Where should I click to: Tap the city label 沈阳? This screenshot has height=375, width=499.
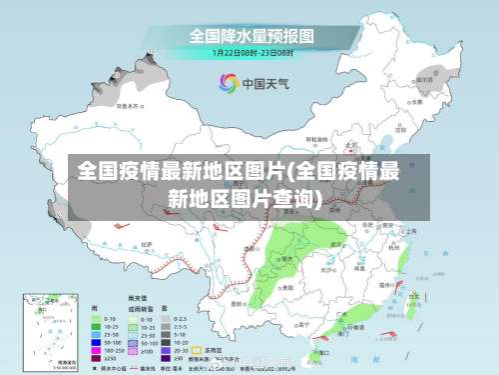pyautogui.click(x=400, y=129)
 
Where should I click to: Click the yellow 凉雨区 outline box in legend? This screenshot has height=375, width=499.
pyautogui.click(x=196, y=351)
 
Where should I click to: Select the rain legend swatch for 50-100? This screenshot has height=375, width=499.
pyautogui.click(x=98, y=342)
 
